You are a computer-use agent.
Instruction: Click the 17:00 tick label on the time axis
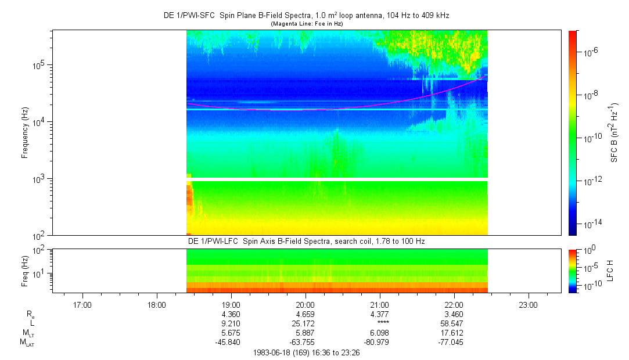[x=82, y=305]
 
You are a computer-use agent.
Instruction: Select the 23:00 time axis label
[x=528, y=305]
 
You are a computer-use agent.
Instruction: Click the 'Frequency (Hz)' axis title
[x=25, y=133]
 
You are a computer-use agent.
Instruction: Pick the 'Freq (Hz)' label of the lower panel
[x=25, y=271]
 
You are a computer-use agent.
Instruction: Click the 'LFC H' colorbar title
[x=610, y=271]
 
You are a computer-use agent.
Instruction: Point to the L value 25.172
[x=303, y=323]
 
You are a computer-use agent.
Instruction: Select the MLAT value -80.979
[x=376, y=343]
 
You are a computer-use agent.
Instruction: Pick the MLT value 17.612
[x=452, y=333]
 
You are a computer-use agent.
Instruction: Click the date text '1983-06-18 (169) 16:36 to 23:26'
[x=306, y=353]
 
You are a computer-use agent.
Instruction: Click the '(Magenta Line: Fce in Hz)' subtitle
[x=307, y=24]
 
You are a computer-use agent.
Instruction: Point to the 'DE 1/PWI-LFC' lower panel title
[x=213, y=242]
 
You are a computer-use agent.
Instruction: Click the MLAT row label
[x=27, y=343]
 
